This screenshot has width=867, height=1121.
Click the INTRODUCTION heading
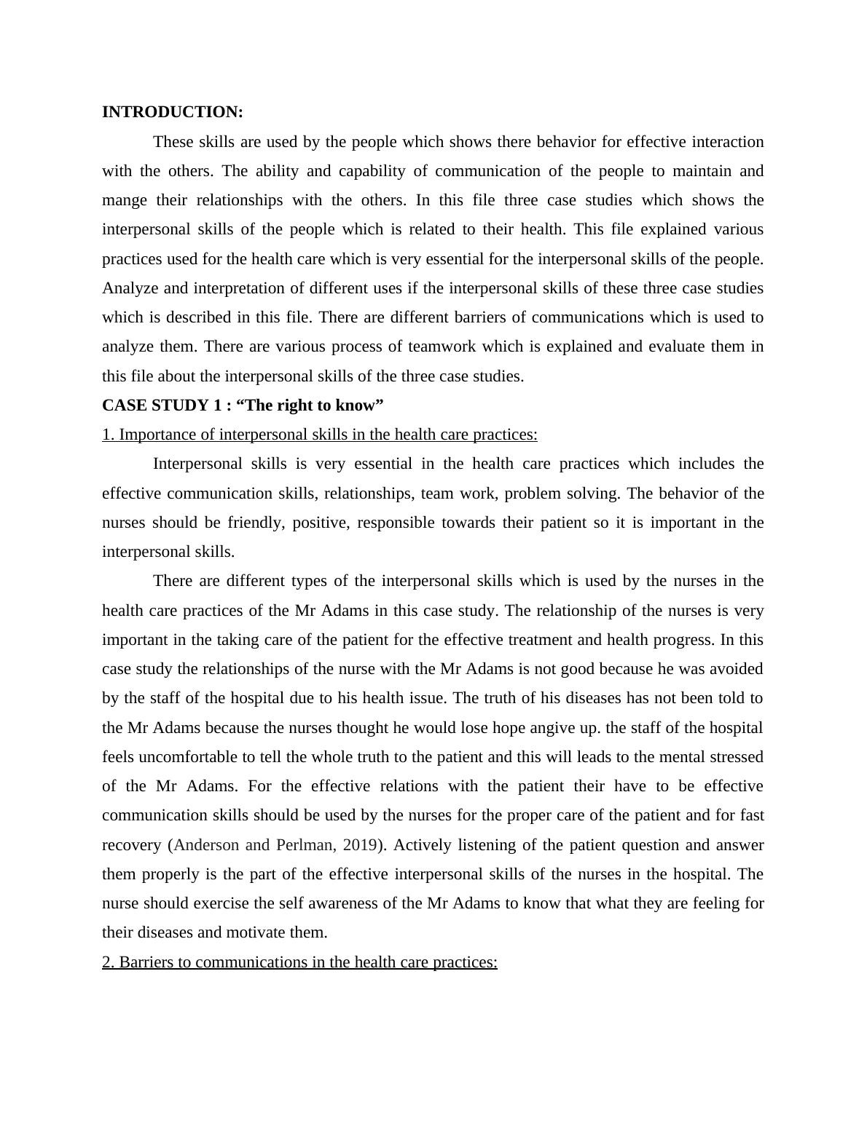[172, 112]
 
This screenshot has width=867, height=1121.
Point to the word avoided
[735, 669]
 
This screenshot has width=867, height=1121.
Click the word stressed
[732, 757]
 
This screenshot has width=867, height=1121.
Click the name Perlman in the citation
[303, 845]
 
